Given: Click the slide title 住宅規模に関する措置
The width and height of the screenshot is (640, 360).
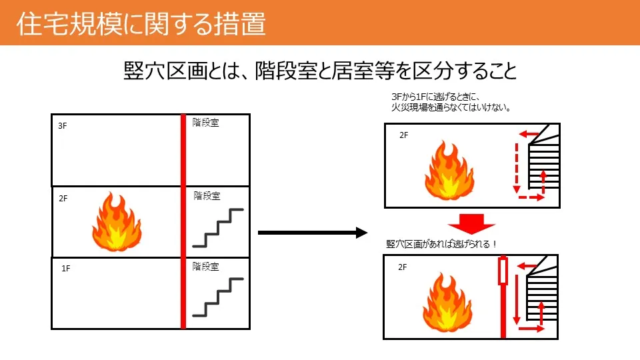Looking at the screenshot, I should (141, 24).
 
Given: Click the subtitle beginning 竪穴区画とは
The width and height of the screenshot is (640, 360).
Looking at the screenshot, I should (321, 71).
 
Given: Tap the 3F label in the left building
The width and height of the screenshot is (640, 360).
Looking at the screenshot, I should (63, 125).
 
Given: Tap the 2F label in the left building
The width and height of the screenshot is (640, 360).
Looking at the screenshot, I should (63, 199).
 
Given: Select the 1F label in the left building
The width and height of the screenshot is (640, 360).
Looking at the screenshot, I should (65, 269).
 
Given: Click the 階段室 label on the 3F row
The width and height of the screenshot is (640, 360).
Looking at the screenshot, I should (205, 123).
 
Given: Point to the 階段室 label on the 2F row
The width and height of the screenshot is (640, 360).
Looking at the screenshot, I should (207, 196).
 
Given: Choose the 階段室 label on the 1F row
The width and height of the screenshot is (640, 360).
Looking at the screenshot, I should (205, 267).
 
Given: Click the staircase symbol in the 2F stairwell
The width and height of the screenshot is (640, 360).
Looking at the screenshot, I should (218, 227).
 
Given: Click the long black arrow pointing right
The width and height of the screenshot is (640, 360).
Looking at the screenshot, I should (313, 232).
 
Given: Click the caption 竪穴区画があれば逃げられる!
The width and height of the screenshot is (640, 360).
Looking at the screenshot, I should (442, 244).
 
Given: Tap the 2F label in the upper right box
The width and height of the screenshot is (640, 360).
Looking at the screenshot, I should (404, 135).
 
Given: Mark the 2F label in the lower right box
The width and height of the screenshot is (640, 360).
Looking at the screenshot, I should (403, 267).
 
